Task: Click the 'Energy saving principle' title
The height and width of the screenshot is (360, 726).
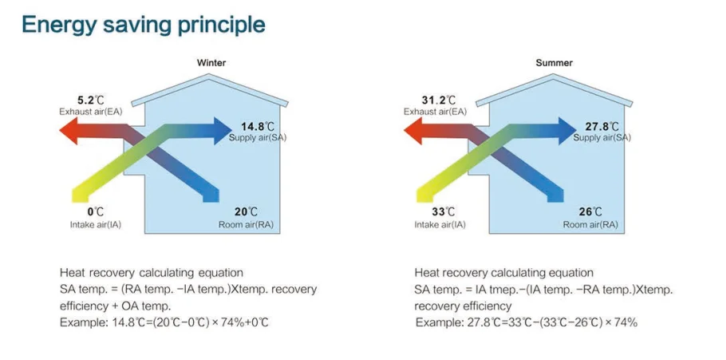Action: (143, 25)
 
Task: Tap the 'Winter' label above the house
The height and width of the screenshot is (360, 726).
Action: (211, 63)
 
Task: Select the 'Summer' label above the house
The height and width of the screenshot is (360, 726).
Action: (554, 63)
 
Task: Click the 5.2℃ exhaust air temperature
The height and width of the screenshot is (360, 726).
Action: (89, 100)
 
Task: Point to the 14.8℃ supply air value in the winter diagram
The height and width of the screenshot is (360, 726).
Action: (258, 126)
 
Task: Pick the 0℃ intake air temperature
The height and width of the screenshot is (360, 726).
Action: (96, 212)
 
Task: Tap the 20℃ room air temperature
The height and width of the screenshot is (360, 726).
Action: (246, 212)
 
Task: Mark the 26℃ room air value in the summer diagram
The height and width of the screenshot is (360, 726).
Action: (590, 212)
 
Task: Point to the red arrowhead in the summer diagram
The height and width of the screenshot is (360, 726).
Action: (412, 131)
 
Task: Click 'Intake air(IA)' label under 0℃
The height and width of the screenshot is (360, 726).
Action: (96, 225)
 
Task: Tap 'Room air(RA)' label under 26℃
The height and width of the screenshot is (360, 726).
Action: (590, 225)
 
